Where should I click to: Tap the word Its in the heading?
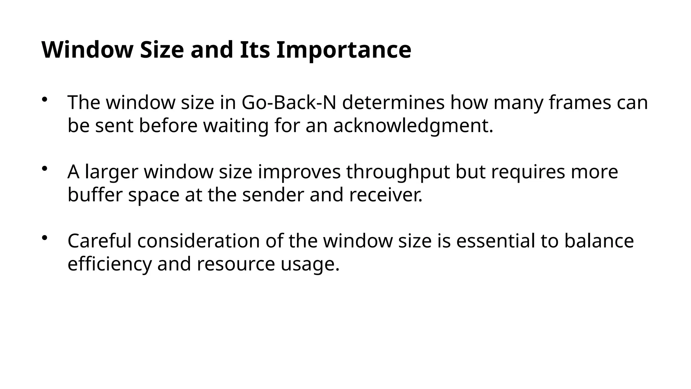coord(255,50)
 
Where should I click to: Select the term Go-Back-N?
coord(289,103)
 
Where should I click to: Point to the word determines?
coord(393,103)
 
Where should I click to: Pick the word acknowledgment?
coord(413,126)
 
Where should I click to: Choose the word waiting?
coord(236,126)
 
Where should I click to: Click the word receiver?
coord(386,195)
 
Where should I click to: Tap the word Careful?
coord(100,241)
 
